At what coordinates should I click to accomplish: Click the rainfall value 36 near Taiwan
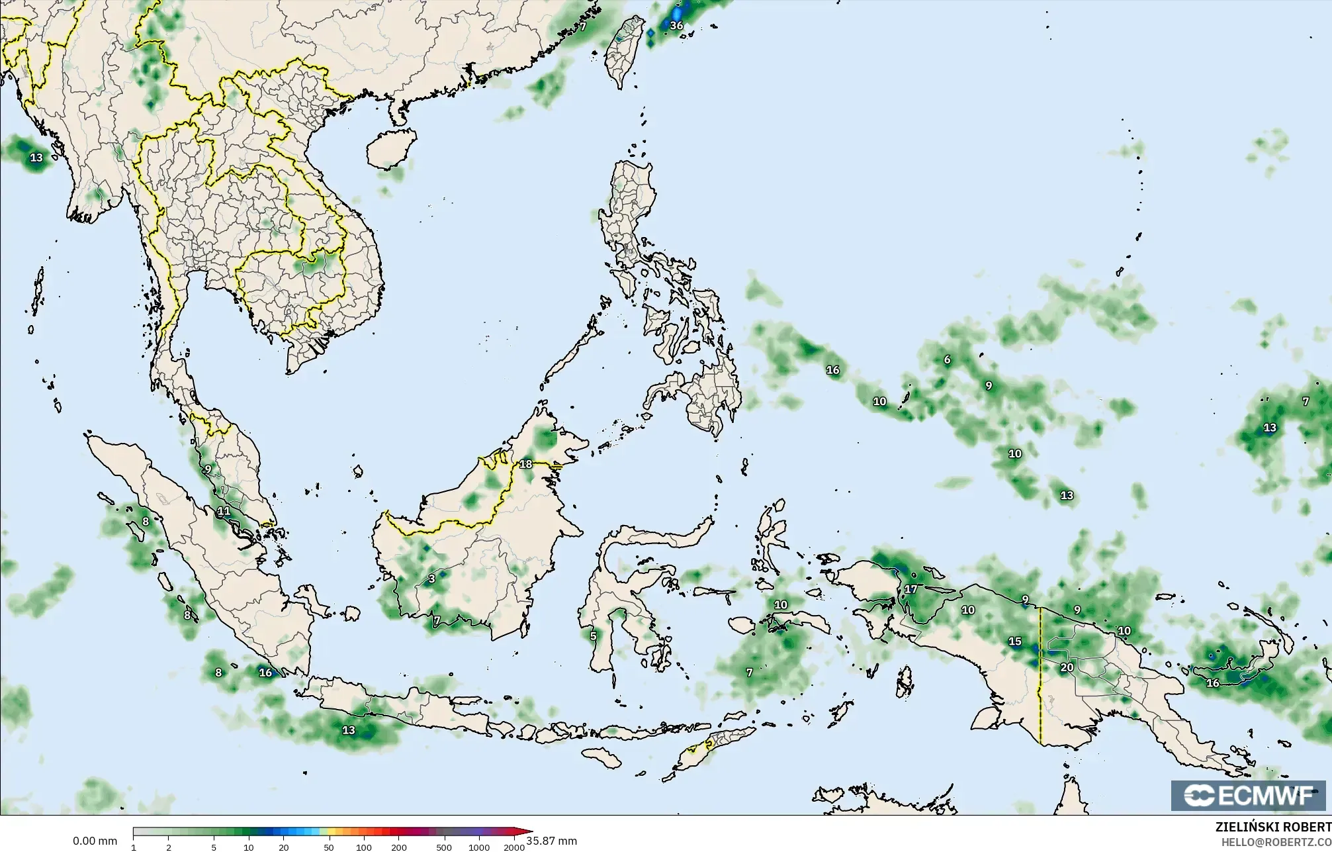676,26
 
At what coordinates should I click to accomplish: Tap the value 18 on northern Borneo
525,464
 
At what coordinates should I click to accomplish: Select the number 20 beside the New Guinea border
1067,667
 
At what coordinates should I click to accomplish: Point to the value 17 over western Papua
911,589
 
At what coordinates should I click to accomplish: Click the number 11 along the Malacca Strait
224,511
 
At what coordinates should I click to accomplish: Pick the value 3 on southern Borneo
432,579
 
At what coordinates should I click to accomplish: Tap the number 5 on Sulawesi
593,636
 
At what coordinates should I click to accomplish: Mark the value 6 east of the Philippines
947,359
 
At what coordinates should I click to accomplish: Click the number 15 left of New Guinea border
1014,641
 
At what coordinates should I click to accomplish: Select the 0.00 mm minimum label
95,841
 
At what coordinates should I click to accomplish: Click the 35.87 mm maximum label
552,841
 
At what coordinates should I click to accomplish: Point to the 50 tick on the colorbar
329,847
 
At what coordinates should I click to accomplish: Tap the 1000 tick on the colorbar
479,847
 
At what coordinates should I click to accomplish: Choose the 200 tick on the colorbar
399,847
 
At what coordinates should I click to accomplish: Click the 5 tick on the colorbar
214,847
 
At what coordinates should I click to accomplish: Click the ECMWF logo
1248,796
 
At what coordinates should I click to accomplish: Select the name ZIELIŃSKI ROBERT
1273,827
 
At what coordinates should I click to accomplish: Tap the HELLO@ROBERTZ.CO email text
1276,842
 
